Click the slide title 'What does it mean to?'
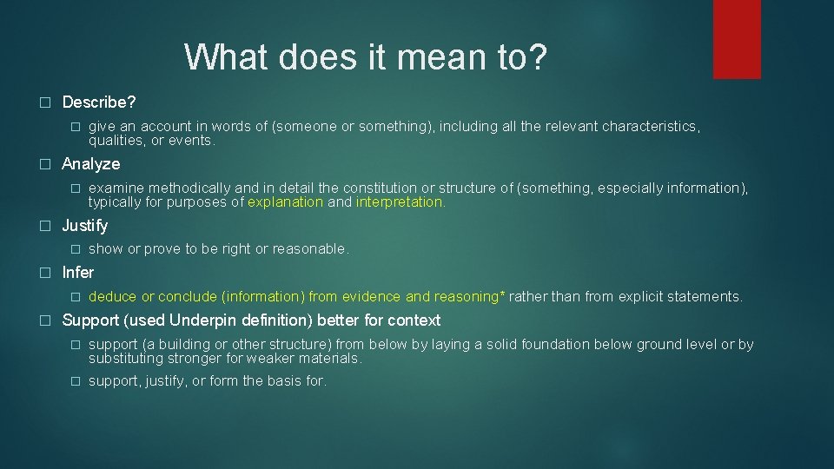click(366, 58)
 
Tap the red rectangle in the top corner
click(737, 39)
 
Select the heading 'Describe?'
click(99, 102)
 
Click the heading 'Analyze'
click(91, 164)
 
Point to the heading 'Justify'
click(85, 226)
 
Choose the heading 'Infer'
click(78, 273)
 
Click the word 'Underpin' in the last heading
click(201, 320)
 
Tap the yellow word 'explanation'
click(285, 202)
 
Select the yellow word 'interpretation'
click(400, 202)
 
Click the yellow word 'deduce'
click(112, 297)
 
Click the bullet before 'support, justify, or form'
click(76, 381)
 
